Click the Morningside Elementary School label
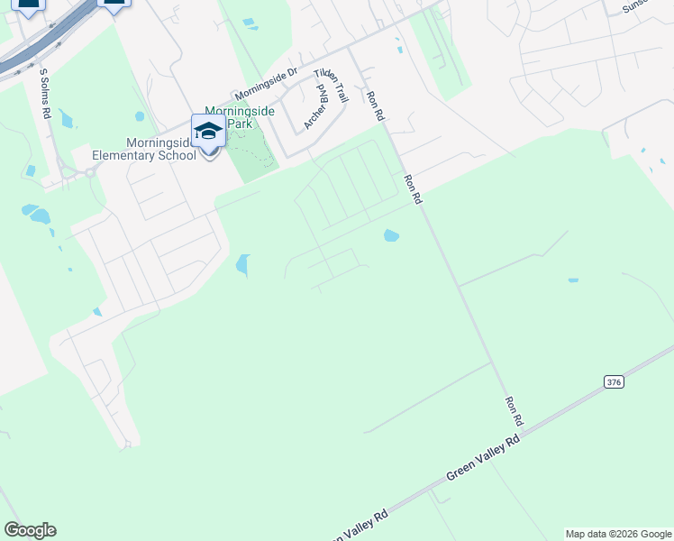(144, 149)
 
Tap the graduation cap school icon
(208, 131)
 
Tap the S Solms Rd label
(43, 93)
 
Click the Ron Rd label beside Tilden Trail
(374, 105)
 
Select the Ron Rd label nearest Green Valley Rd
(514, 411)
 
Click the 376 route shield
(614, 382)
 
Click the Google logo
(30, 530)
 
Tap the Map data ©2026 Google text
(618, 534)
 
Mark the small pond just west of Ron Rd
(391, 236)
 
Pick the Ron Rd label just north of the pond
(412, 189)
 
